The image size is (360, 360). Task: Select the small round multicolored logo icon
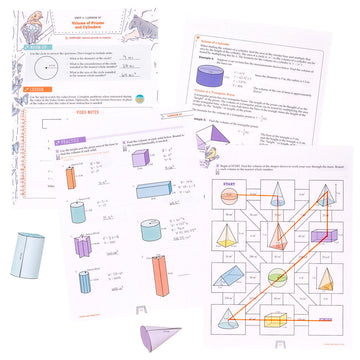click(149, 97)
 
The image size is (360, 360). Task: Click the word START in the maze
click(228, 181)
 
